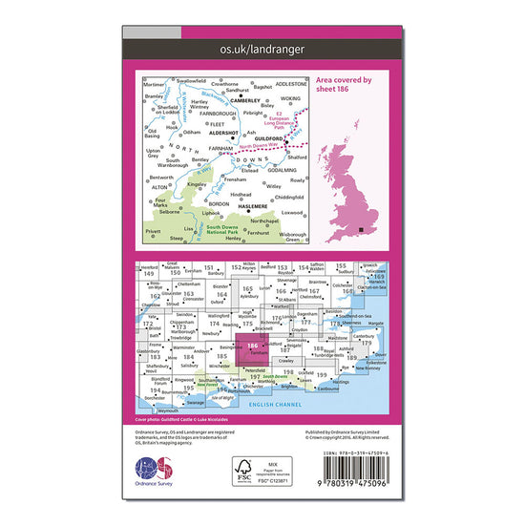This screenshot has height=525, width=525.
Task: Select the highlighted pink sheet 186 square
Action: (251, 348)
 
